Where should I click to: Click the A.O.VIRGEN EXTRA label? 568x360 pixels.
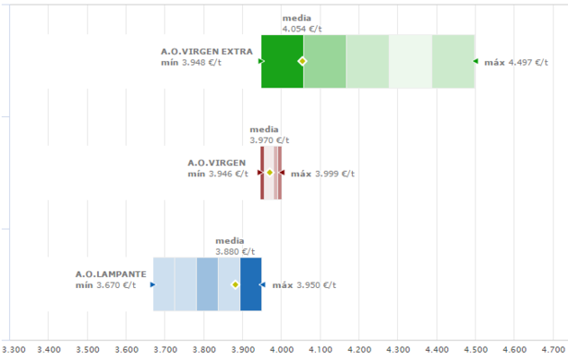[206, 51]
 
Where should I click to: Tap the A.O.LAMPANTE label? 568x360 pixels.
[104, 274]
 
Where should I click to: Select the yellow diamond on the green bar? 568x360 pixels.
[302, 61]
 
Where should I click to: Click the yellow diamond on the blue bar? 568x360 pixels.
[236, 284]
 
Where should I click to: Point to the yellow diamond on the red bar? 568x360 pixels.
[270, 173]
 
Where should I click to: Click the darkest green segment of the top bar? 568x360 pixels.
[282, 61]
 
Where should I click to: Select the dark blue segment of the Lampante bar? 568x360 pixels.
[251, 284]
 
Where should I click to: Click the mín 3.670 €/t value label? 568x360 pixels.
[105, 285]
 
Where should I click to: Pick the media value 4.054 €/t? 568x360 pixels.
[302, 29]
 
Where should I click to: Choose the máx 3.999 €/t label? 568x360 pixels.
[322, 174]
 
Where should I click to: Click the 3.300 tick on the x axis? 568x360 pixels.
[14, 348]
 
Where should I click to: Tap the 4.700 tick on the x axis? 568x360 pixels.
[554, 348]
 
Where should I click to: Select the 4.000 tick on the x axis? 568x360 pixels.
[283, 348]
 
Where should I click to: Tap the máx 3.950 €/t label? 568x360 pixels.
[303, 285]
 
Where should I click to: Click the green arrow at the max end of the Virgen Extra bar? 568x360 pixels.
[475, 61]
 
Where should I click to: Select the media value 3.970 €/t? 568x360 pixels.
[269, 140]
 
